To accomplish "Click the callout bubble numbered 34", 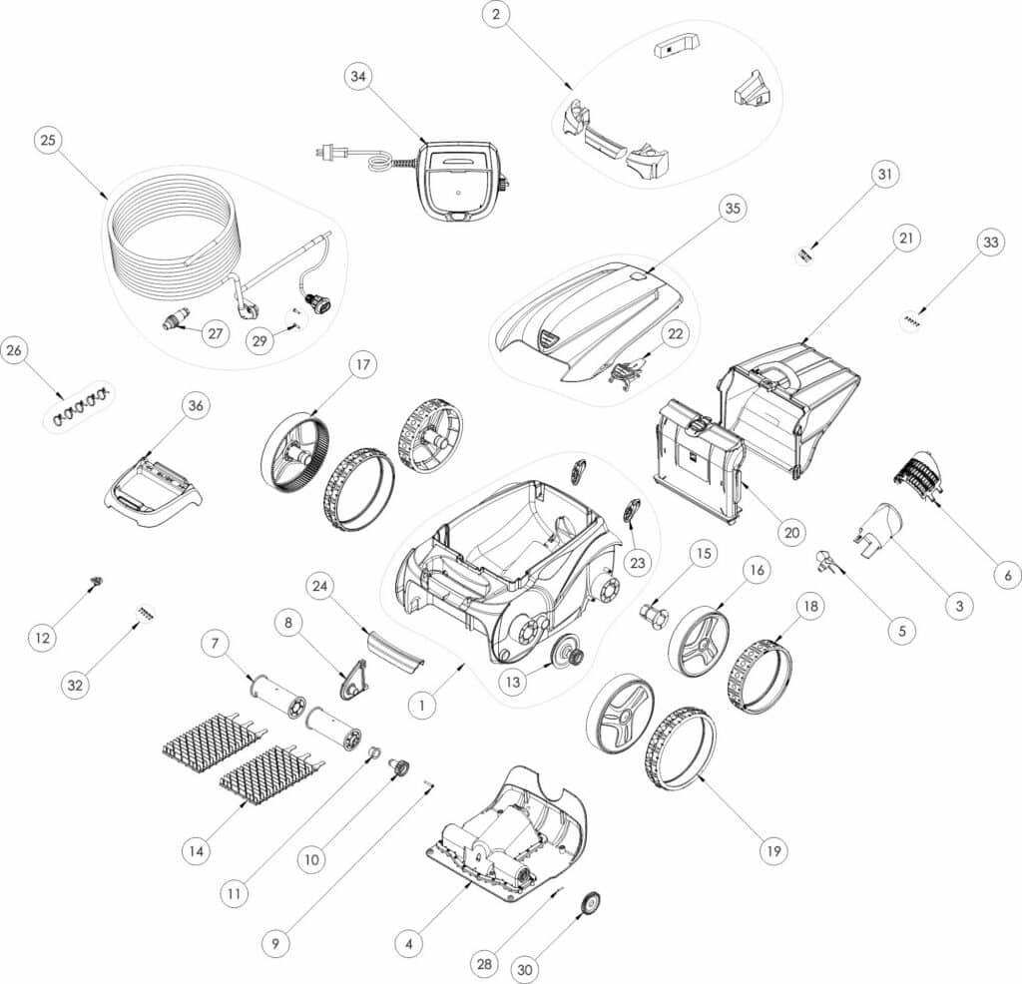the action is click(358, 76).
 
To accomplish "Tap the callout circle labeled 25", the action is click(48, 140).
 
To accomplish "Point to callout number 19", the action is click(773, 851).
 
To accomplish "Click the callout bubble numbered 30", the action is click(525, 970).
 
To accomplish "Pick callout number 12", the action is click(42, 638).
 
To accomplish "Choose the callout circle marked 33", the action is click(991, 243).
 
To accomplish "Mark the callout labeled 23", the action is click(638, 562).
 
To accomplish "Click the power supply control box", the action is click(459, 182).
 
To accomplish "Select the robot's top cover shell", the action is click(589, 325).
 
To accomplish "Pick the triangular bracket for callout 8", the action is click(353, 680).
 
